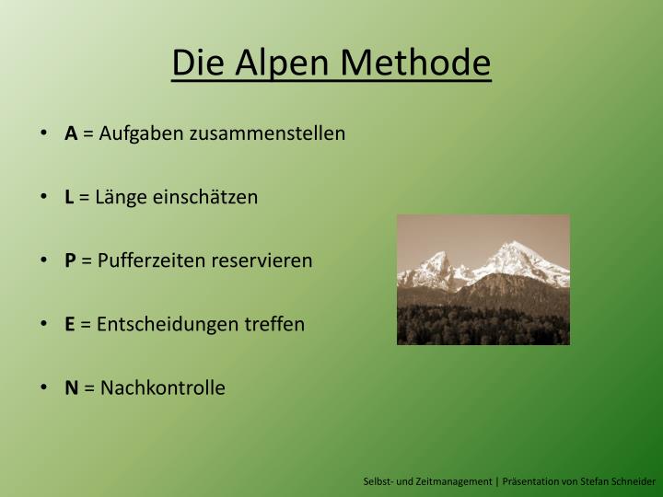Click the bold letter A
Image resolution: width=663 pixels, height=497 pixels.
coord(71,133)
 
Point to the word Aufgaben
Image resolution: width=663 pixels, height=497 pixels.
coord(142,134)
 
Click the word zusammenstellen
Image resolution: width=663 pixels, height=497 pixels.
coord(267,133)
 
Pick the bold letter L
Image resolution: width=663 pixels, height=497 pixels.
coord(69,197)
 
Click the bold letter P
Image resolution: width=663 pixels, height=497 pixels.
coord(70,260)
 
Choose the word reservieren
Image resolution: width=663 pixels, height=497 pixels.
coord(262,260)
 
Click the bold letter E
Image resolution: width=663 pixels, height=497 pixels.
coord(69,324)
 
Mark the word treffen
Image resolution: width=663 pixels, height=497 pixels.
coord(275,324)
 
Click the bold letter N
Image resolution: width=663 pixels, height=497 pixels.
coord(71,387)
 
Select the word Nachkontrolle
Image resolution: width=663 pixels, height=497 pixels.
coord(162,387)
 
